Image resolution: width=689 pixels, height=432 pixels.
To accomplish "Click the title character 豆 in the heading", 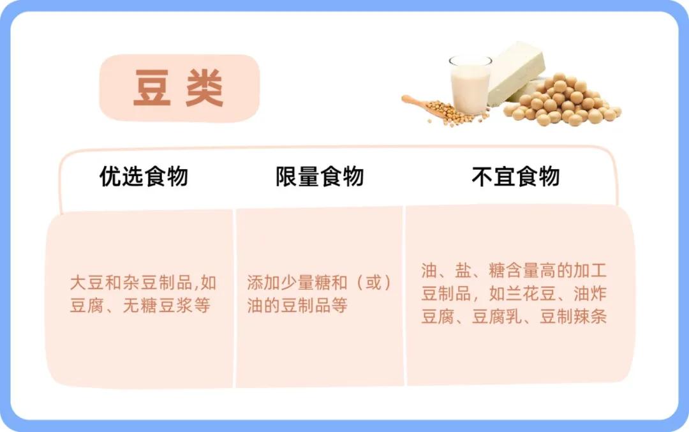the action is pyautogui.click(x=152, y=88).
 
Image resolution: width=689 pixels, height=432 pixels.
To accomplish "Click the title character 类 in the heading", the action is pyautogui.click(x=205, y=88).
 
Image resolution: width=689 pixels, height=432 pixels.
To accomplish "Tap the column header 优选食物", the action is pyautogui.click(x=144, y=176).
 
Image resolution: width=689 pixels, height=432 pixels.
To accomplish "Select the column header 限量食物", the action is pyautogui.click(x=320, y=176).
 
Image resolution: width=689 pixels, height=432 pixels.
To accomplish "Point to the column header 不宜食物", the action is pyautogui.click(x=515, y=176).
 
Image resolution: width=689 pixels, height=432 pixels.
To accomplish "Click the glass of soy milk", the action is pyautogui.click(x=470, y=84).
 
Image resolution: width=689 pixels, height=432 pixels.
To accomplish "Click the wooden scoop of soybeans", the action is pyautogui.click(x=435, y=110).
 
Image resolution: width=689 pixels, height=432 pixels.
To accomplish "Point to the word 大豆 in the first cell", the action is pyautogui.click(x=87, y=283).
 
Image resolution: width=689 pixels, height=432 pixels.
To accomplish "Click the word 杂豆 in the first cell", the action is pyautogui.click(x=140, y=283).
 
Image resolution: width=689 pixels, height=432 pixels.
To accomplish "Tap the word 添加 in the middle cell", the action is pyautogui.click(x=263, y=283).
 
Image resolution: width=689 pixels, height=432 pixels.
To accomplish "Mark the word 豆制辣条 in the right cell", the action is pyautogui.click(x=573, y=316).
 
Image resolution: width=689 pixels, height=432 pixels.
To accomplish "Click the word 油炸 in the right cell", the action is pyautogui.click(x=590, y=293).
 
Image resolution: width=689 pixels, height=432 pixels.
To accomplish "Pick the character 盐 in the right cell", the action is pyautogui.click(x=463, y=271).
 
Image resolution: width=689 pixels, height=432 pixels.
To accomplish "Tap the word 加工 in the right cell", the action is pyautogui.click(x=590, y=271).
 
